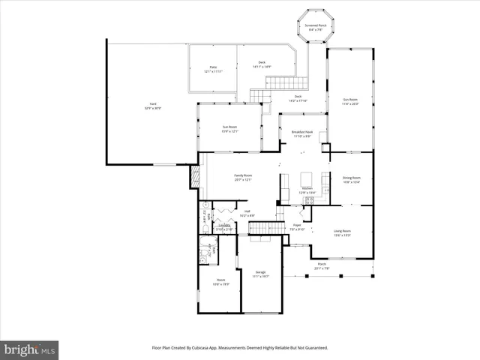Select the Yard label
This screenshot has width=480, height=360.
point(152,106)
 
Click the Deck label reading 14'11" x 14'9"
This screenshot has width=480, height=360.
point(262,64)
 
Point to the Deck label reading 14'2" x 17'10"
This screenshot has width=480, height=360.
point(298,98)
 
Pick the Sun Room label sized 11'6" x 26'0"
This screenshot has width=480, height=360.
point(350,102)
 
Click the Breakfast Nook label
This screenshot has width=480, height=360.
point(303,134)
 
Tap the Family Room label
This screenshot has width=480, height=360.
point(243,177)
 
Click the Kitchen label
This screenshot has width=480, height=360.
point(307,190)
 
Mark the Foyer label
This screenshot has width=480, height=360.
point(297,227)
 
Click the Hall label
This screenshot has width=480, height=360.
point(247,213)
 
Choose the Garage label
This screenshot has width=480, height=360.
point(260,274)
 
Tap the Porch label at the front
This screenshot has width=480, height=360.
point(322,265)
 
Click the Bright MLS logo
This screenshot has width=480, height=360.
point(30,349)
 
